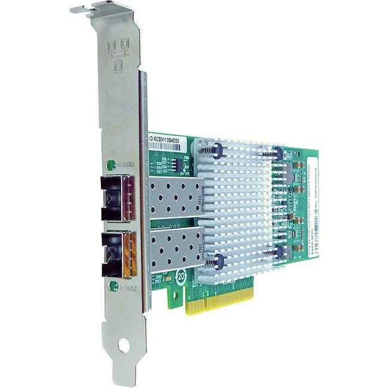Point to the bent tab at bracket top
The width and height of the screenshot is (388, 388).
(83, 10)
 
